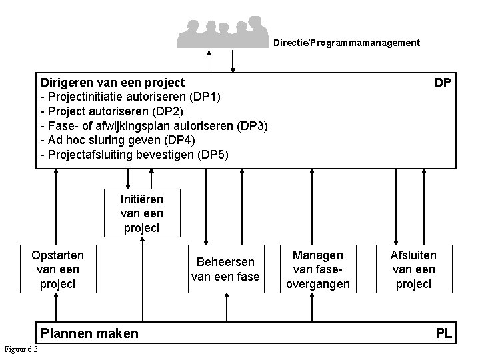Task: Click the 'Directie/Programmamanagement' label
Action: tap(347, 43)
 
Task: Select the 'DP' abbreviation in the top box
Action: tap(442, 83)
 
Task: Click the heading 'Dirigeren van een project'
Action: tap(113, 83)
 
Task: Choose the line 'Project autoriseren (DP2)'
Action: tap(116, 111)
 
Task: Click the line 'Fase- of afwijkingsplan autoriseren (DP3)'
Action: tap(154, 126)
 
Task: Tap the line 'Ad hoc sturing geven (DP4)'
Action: tap(118, 141)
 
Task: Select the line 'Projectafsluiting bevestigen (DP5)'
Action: tap(134, 155)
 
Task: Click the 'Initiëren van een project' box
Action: tap(141, 213)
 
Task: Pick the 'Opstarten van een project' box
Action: tap(58, 269)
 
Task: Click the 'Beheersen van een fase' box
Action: tap(225, 269)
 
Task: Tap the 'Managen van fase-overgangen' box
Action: tap(318, 269)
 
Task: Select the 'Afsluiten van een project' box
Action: tap(413, 269)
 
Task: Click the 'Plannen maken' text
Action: tap(90, 333)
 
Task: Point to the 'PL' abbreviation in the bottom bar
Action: tap(444, 333)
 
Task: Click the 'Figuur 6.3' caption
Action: tap(21, 350)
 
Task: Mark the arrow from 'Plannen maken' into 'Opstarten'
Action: tap(57, 308)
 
